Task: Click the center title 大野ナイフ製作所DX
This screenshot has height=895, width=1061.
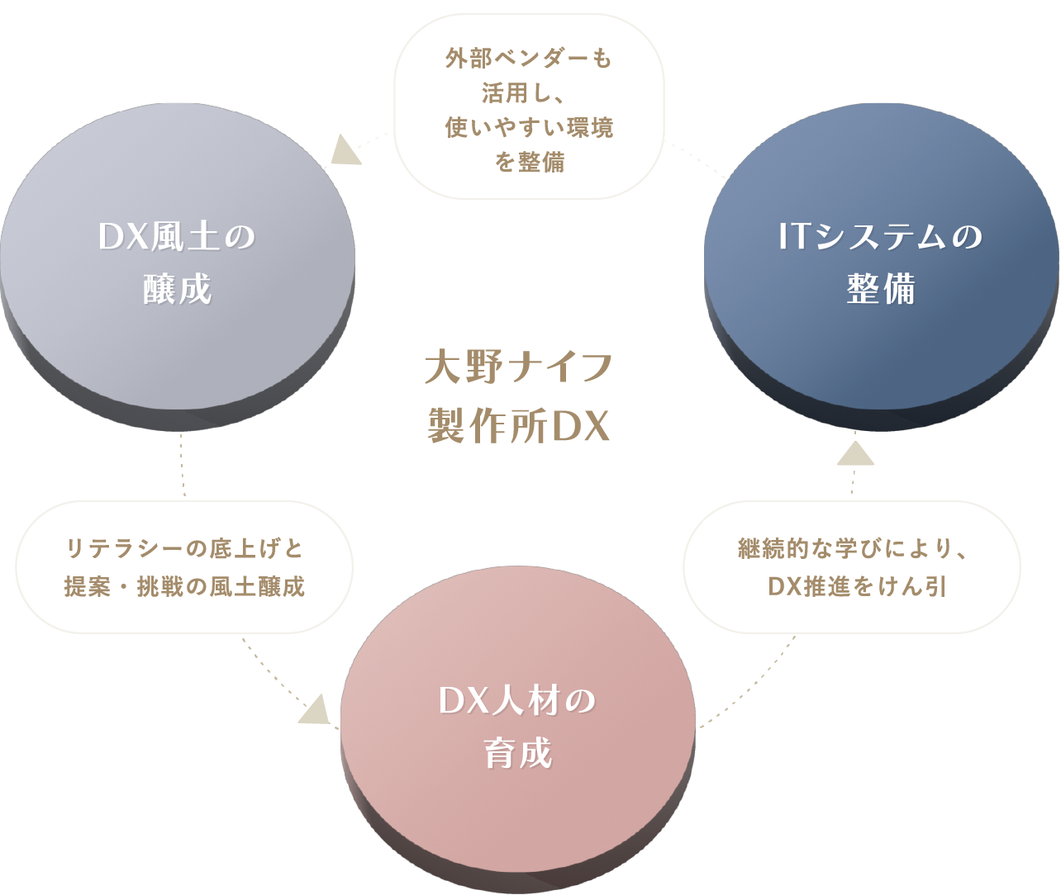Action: [518, 397]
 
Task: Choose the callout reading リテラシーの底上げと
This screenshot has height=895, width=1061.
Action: [184, 567]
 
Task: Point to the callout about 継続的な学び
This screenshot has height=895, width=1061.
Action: [852, 567]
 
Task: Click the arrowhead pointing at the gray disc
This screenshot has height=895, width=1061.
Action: [345, 150]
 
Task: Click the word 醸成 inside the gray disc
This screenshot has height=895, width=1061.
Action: [178, 291]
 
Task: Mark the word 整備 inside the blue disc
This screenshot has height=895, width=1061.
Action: [881, 291]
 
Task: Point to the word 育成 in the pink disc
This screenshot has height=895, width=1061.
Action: [518, 755]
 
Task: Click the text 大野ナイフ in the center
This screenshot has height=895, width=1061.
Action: [518, 368]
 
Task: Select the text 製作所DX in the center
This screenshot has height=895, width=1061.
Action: [518, 427]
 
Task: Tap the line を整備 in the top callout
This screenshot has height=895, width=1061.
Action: [530, 163]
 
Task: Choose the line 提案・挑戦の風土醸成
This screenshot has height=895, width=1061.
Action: [184, 586]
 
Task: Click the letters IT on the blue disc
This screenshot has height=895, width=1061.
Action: [795, 238]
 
